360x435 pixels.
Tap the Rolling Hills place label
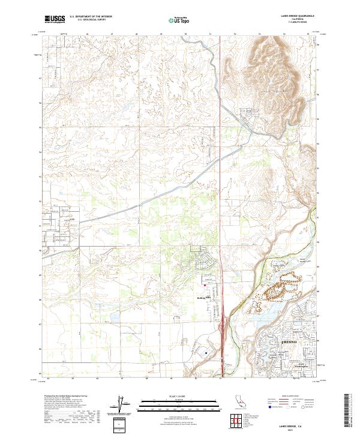click(x=200, y=296)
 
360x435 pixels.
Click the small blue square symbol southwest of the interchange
click(x=206, y=353)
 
